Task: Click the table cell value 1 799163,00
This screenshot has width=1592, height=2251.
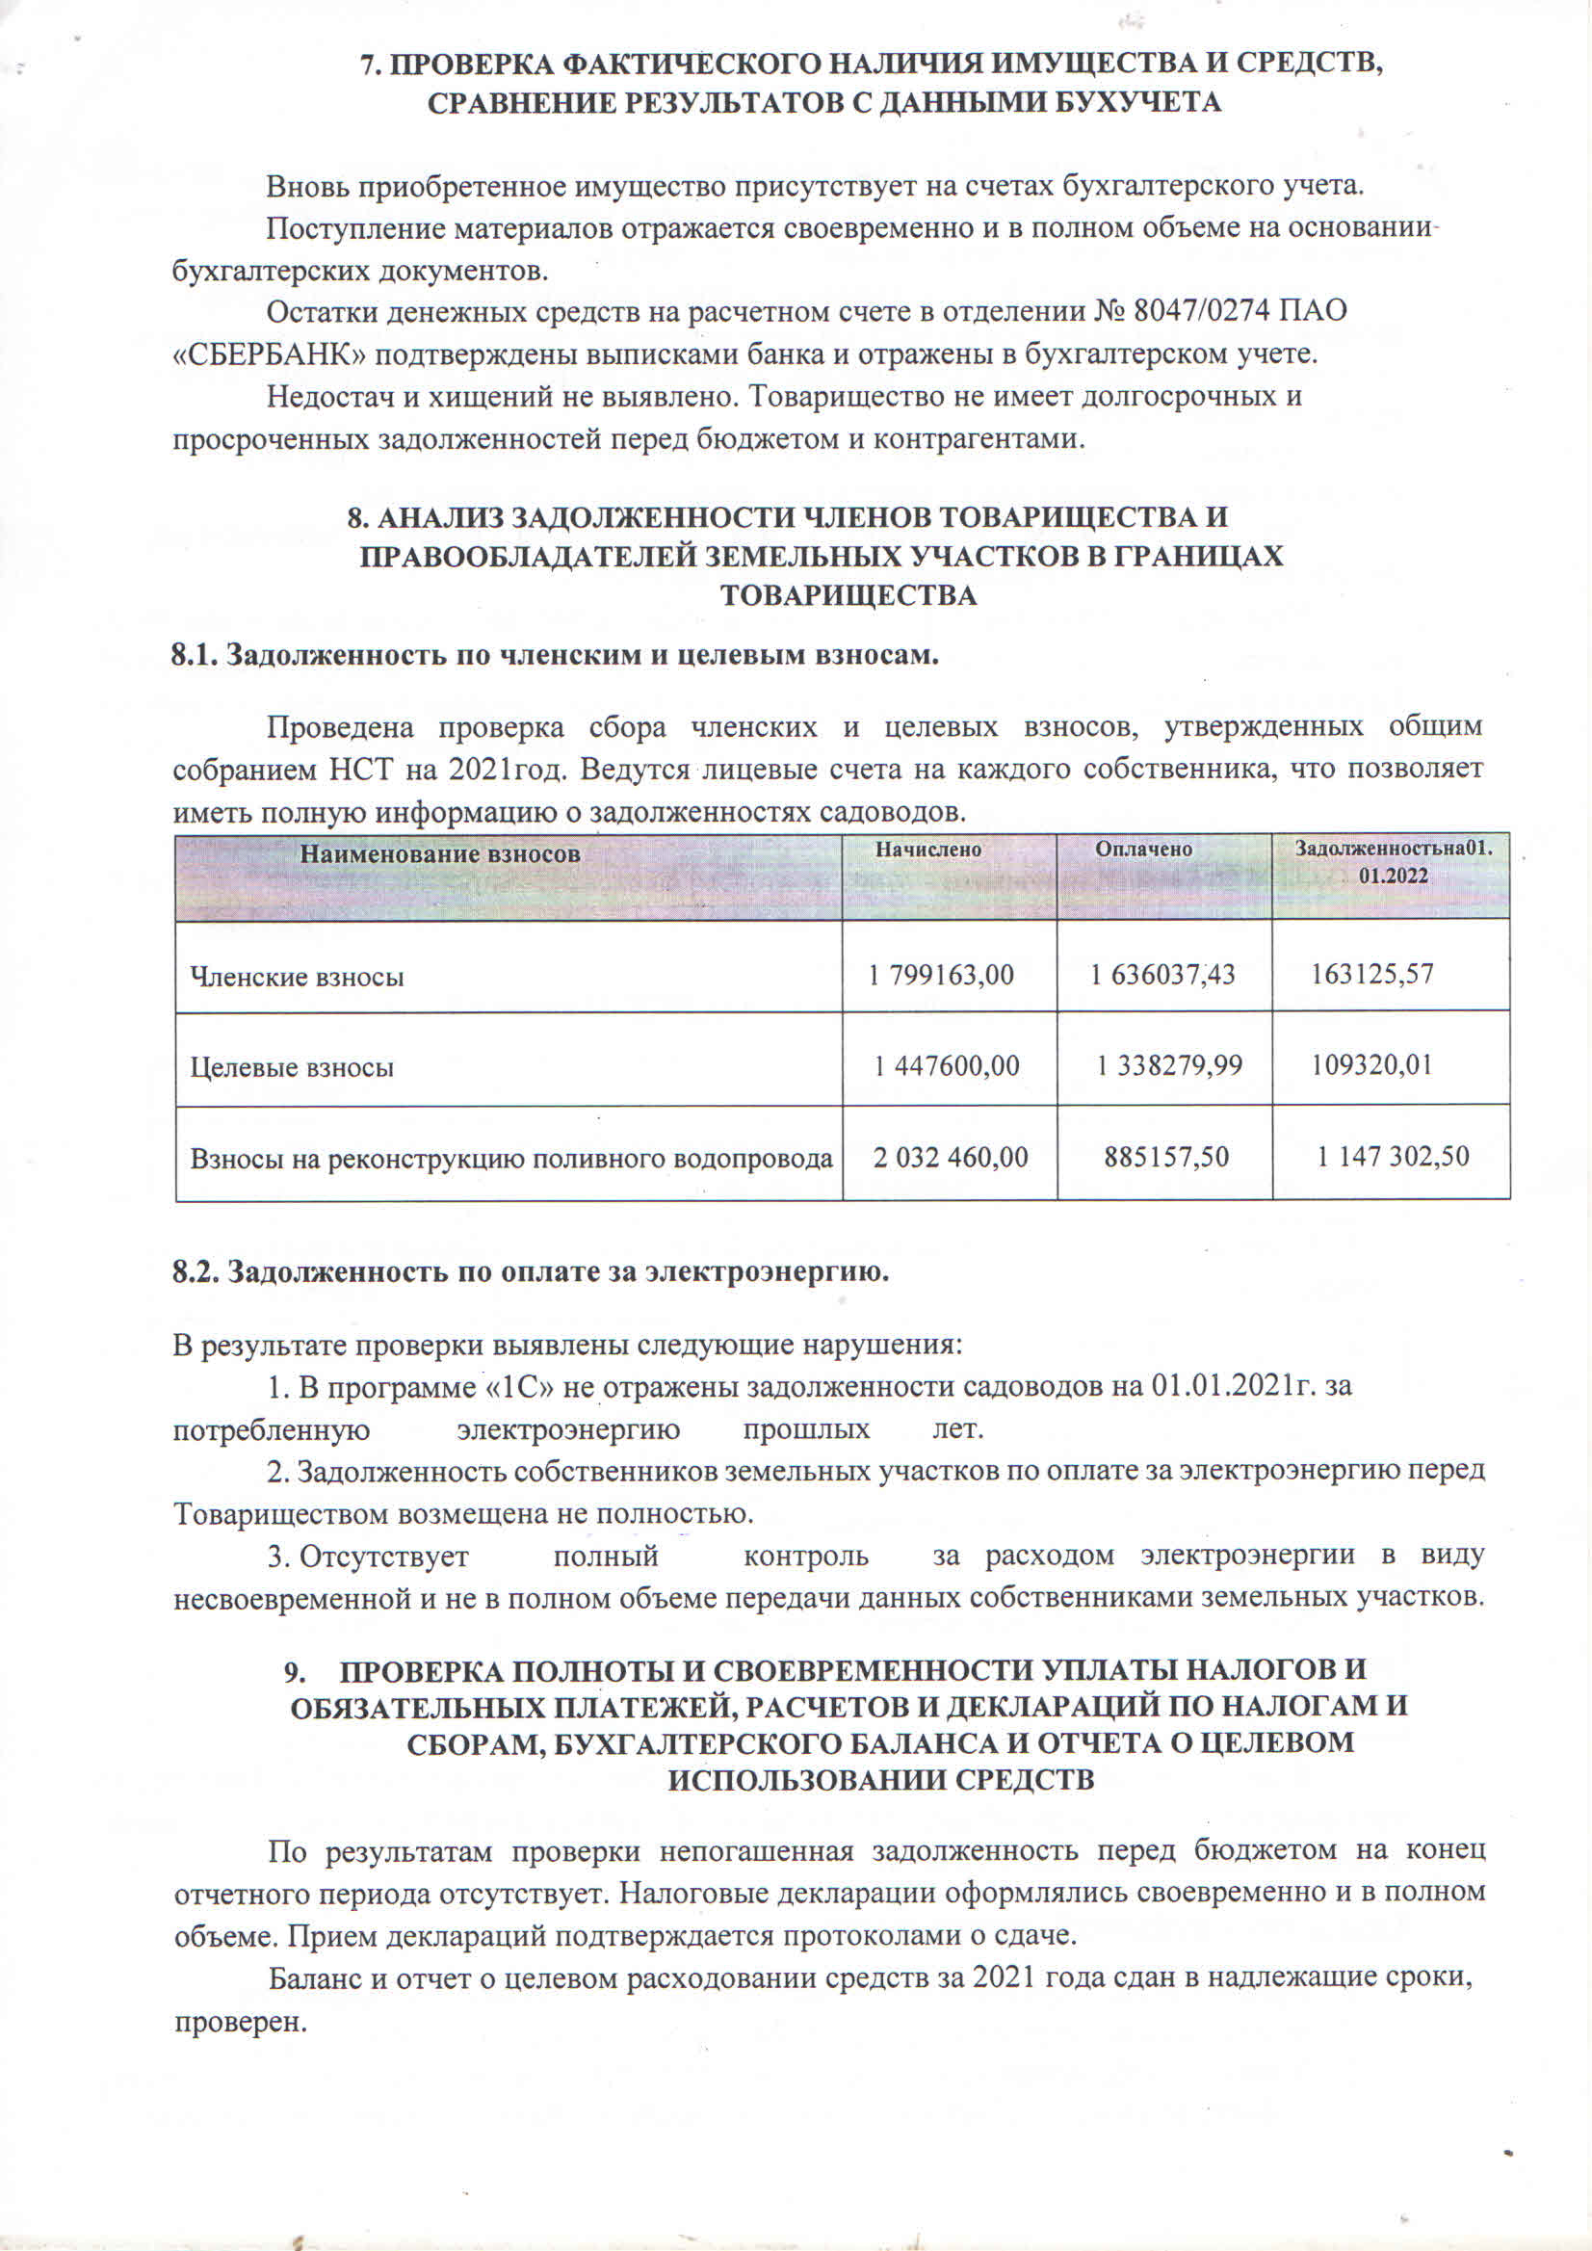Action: point(941,975)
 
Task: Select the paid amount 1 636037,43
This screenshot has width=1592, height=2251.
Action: point(1162,975)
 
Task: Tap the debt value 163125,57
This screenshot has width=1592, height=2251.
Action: point(1372,974)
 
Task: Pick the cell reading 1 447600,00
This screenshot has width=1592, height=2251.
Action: point(946,1065)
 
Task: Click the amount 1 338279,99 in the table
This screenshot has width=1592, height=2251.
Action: point(1168,1065)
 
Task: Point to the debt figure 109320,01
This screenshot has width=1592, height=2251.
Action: point(1372,1064)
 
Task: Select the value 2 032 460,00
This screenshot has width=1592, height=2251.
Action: point(950,1158)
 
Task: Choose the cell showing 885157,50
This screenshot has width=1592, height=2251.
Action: point(1165,1157)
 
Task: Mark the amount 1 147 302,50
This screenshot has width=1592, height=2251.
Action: point(1392,1157)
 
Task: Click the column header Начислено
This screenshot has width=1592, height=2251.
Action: point(928,850)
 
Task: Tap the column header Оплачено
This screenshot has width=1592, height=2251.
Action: point(1143,850)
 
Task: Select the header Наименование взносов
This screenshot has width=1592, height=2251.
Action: point(439,854)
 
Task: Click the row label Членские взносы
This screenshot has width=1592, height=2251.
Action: point(297,977)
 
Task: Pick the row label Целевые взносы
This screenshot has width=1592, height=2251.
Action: point(292,1066)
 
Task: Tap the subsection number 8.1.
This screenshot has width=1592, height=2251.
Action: point(195,655)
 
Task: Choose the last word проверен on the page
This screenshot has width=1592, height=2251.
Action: point(240,2023)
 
